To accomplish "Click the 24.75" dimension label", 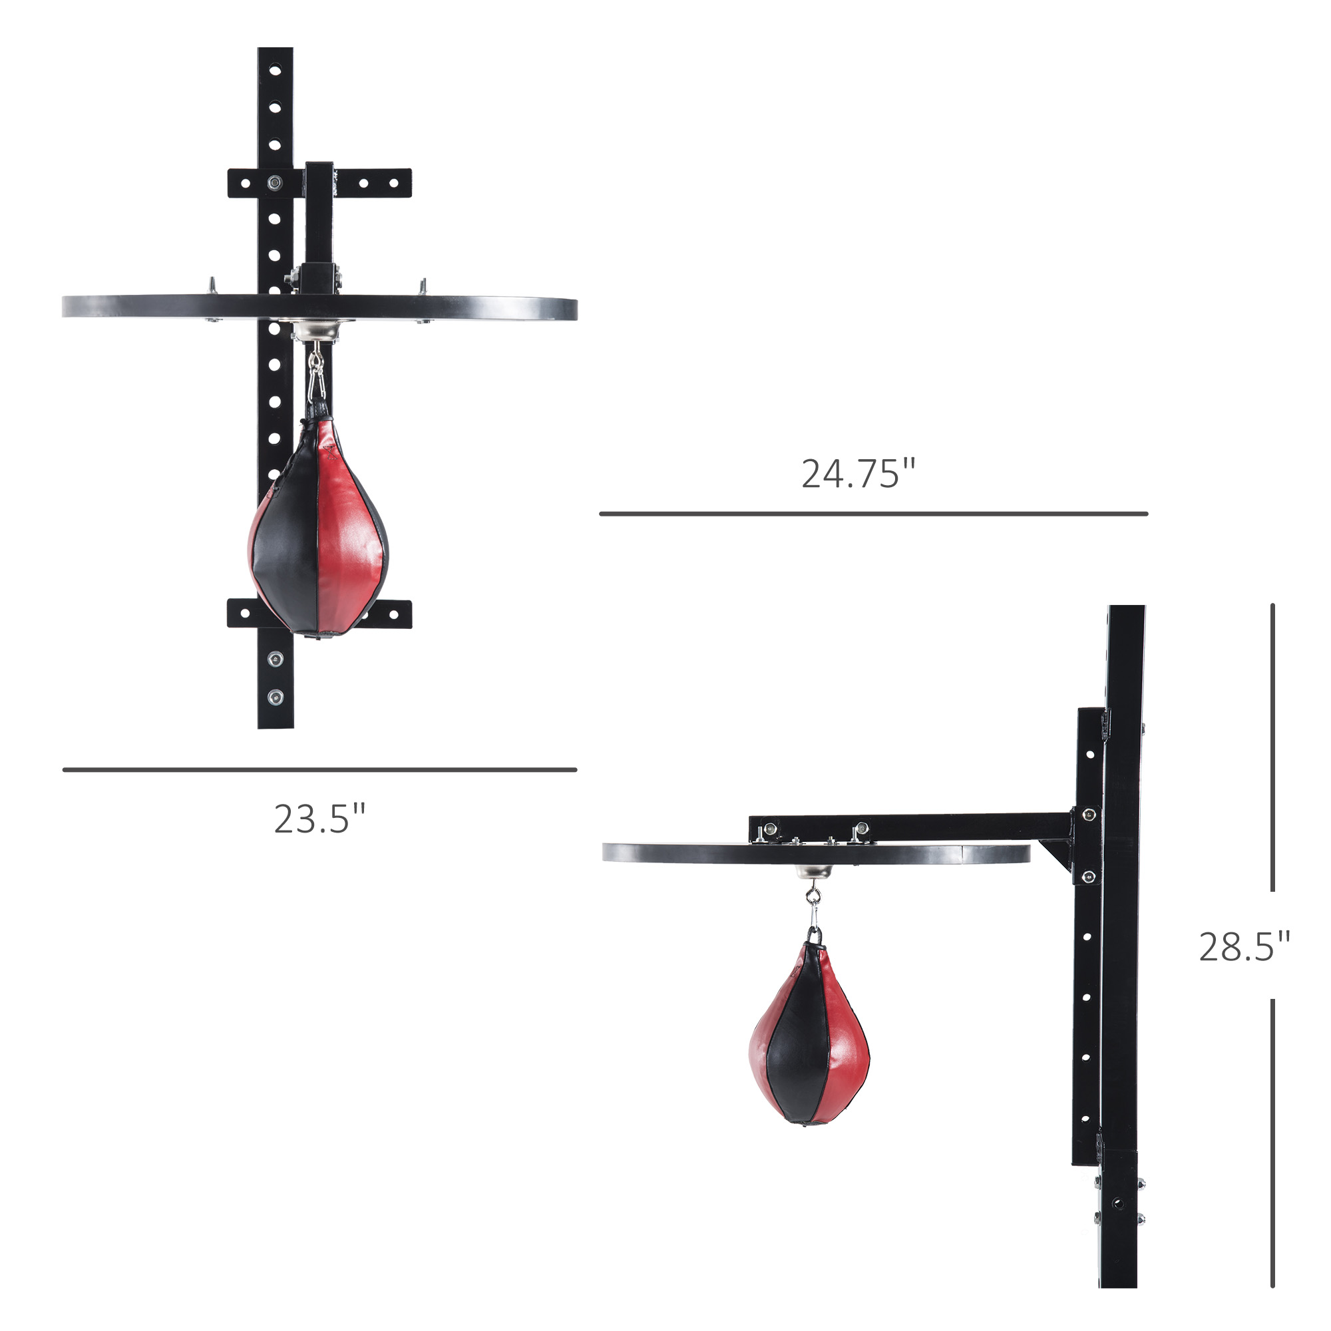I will pos(858,475).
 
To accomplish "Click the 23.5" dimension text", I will pos(319,819).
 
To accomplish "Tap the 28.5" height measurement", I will pos(1244,946).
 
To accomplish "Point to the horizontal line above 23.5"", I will pos(319,769).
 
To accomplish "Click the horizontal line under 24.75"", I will pos(873,514).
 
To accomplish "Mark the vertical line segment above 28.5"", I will pos(1272,747).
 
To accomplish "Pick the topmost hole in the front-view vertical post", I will pos(275,71).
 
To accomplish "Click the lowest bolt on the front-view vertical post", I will pos(276,698).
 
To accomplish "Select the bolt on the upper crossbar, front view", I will pos(275,182).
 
